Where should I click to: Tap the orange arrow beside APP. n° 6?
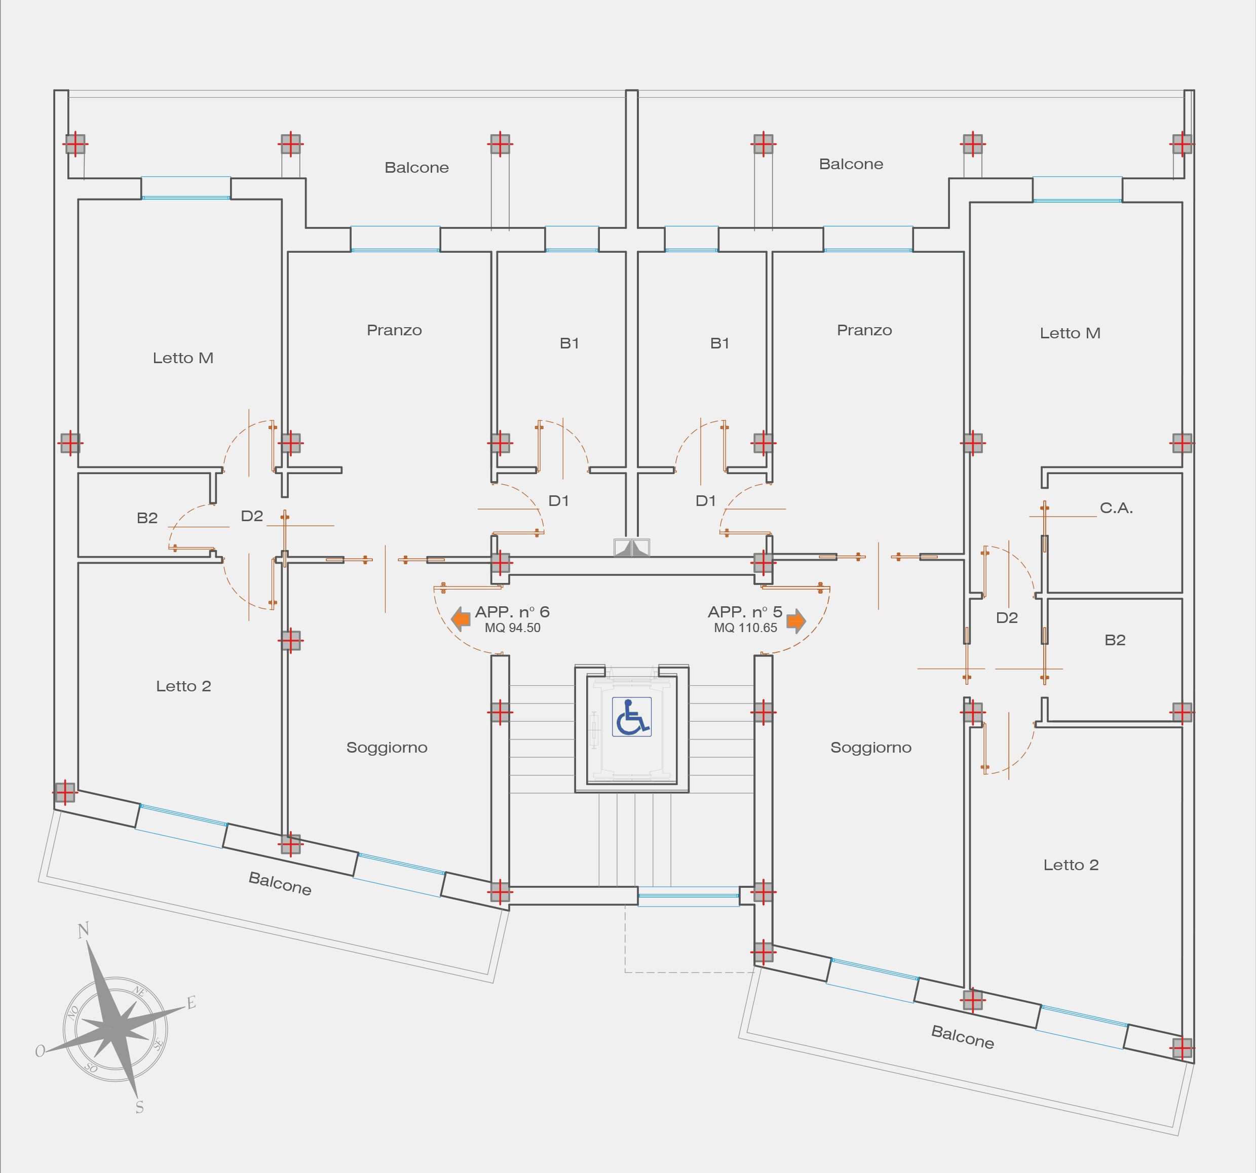[x=461, y=618]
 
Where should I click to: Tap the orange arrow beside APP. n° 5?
[x=796, y=620]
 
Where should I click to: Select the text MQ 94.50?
[x=512, y=628]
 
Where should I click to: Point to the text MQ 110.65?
[x=745, y=628]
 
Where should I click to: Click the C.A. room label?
[x=1116, y=508]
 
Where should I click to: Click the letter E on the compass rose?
[x=192, y=1002]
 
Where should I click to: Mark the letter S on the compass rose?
[x=140, y=1107]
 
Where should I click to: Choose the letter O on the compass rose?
[x=40, y=1051]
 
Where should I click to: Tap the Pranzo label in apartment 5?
[x=864, y=330]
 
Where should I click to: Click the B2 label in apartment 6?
[x=147, y=518]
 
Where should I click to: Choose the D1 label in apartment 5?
[x=705, y=501]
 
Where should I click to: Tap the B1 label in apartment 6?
[x=569, y=343]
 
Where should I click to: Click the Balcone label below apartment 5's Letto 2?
[x=962, y=1037]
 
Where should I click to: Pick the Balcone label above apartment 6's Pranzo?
[x=416, y=168]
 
